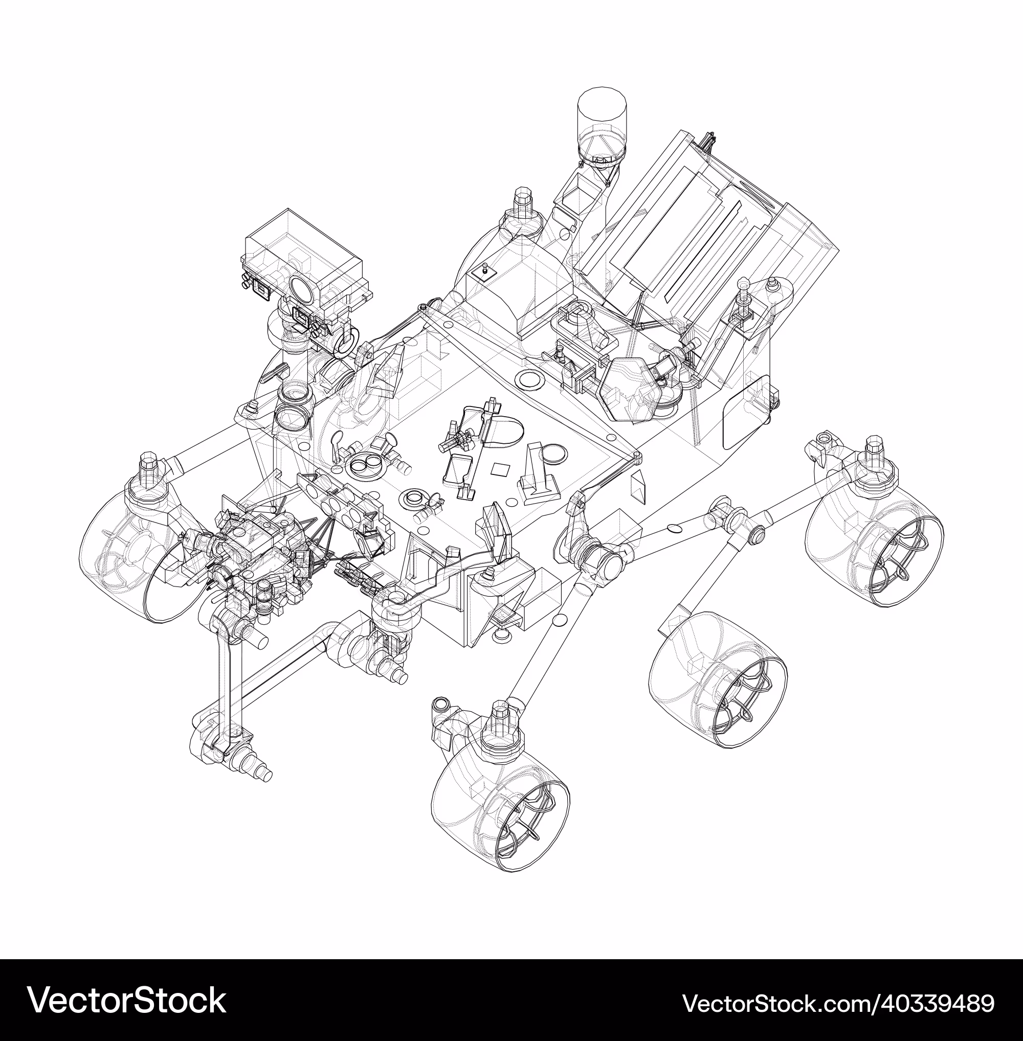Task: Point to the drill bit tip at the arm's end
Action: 266,776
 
